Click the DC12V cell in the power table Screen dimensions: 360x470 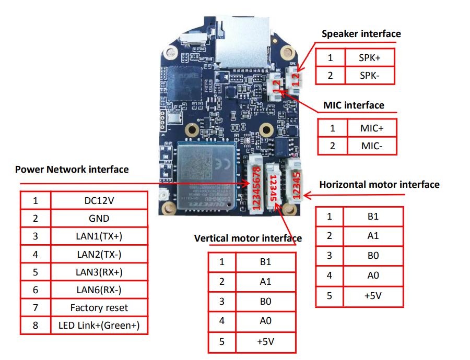tap(99, 200)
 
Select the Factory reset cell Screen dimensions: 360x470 tap(99, 308)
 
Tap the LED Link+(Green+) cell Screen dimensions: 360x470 tap(99, 326)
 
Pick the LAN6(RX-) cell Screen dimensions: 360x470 tap(99, 290)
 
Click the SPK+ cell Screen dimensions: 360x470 tap(369, 57)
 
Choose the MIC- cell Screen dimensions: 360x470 tap(371, 146)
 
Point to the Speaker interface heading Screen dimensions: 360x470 tap(361, 34)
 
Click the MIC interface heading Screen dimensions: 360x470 tap(354, 105)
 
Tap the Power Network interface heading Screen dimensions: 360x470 tap(72, 169)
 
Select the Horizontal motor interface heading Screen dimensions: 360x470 tap(379, 185)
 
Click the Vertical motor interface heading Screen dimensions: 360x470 tap(248, 238)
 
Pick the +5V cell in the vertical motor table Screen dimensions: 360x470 tap(266, 342)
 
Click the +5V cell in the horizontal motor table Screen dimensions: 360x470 tap(373, 295)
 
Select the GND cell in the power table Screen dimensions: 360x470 tap(99, 219)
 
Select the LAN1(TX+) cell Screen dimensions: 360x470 tap(99, 236)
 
